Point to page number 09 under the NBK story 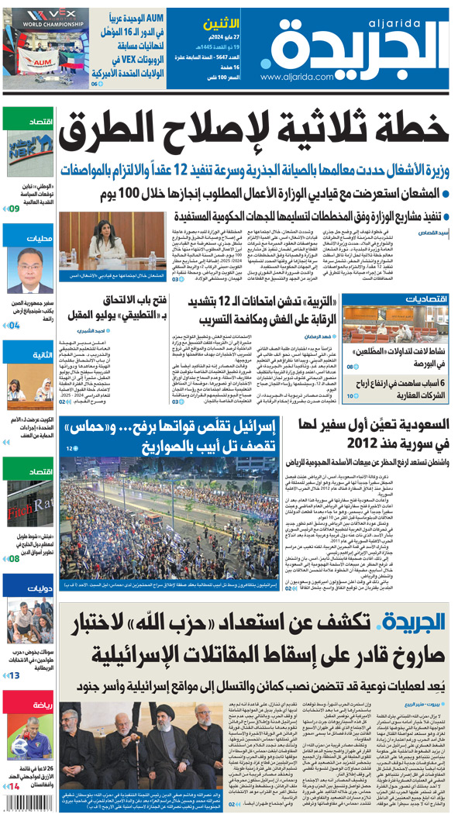[14, 208]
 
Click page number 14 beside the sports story [14, 787]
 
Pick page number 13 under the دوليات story [14, 676]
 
